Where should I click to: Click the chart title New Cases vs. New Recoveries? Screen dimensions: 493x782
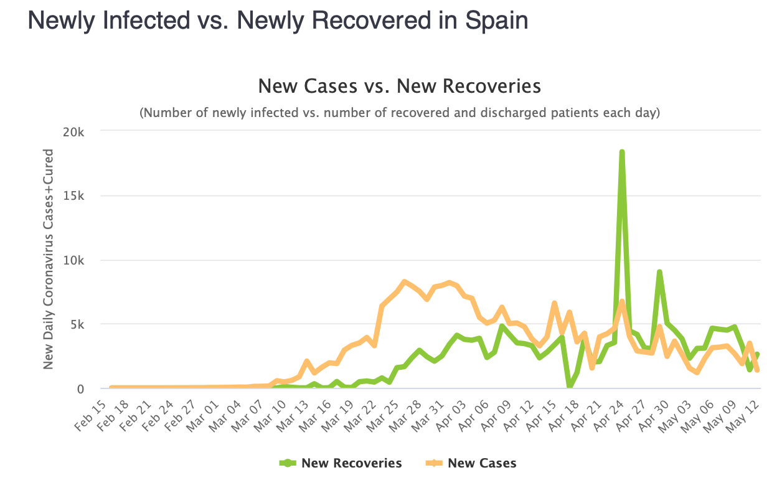[x=399, y=86]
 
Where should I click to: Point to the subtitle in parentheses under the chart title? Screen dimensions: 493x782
[x=399, y=113]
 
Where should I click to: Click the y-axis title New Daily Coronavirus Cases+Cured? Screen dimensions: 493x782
[x=49, y=259]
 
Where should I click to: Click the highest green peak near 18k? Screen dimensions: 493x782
[x=621, y=152]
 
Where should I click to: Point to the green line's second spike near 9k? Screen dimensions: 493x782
[x=659, y=272]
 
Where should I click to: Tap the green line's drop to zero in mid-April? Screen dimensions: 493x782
[x=569, y=387]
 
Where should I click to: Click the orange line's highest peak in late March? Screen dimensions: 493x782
[x=404, y=282]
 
